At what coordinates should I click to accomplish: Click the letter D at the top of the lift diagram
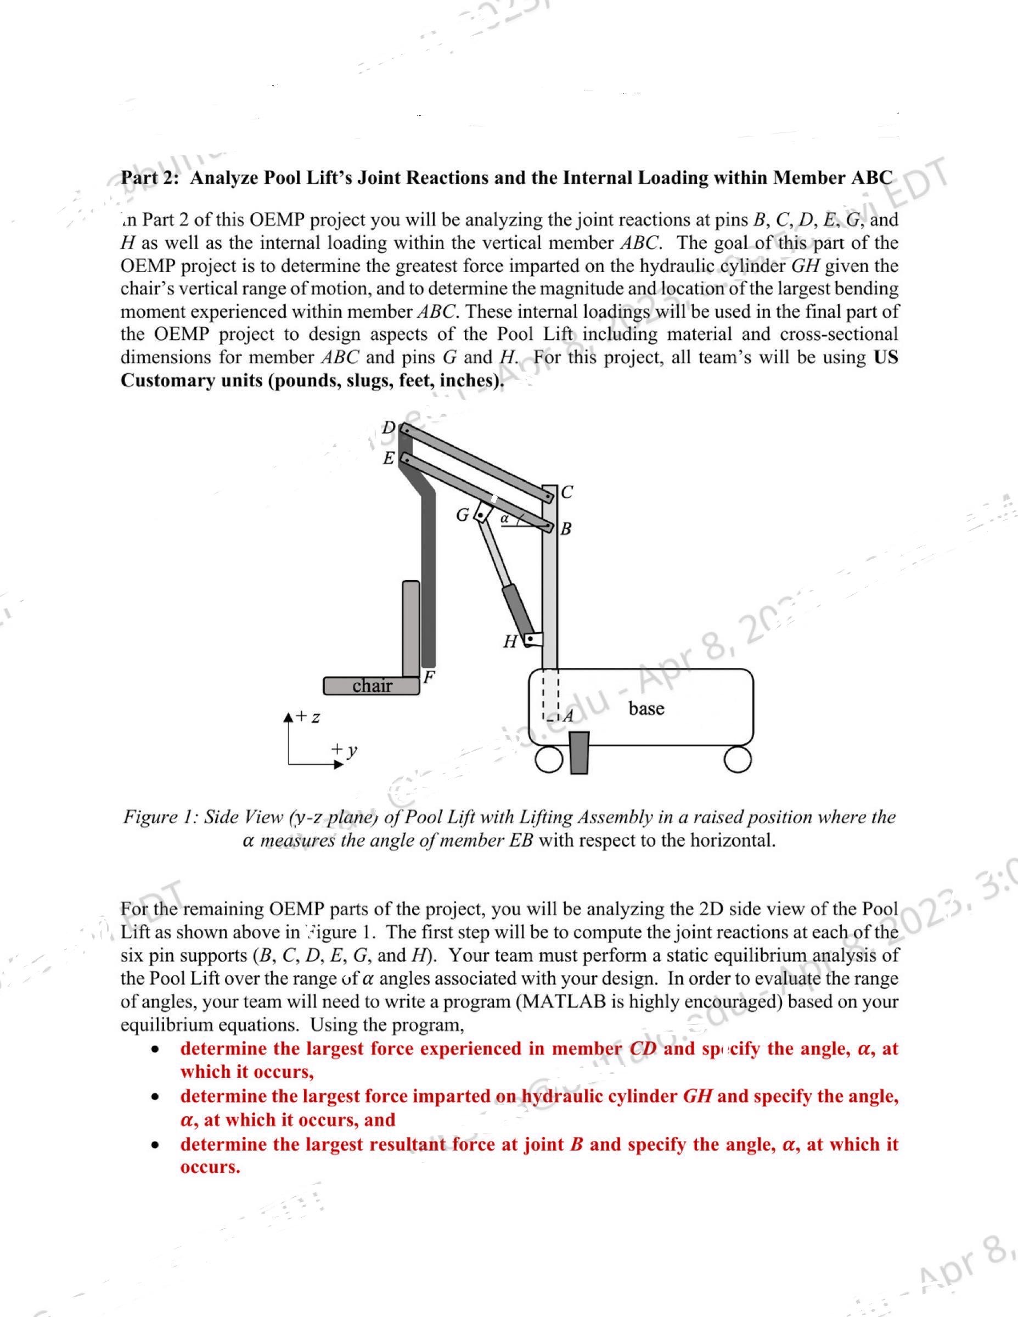(389, 427)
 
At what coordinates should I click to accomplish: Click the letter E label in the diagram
(389, 458)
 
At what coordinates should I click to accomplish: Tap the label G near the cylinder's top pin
(462, 515)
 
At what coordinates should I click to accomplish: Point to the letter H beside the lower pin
(510, 641)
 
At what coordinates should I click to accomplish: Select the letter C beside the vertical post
(567, 492)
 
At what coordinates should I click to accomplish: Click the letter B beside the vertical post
(566, 530)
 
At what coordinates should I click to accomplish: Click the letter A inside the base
(567, 716)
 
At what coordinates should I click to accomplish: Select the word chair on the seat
(372, 685)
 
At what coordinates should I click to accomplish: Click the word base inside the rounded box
(646, 708)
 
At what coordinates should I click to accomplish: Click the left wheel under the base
(548, 761)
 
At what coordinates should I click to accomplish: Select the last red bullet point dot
(156, 1144)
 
